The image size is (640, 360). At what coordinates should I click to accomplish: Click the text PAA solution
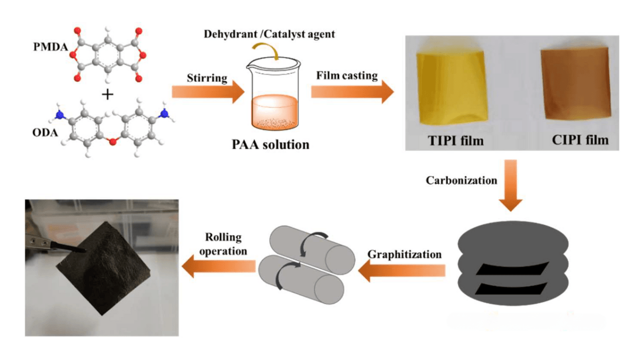pyautogui.click(x=272, y=145)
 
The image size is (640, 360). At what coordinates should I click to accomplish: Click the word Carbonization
pyautogui.click(x=461, y=180)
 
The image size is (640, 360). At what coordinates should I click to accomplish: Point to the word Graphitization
pyautogui.click(x=404, y=254)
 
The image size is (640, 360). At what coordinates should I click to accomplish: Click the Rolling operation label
pyautogui.click(x=223, y=244)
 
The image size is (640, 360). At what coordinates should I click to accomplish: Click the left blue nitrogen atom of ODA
pyautogui.click(x=60, y=114)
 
